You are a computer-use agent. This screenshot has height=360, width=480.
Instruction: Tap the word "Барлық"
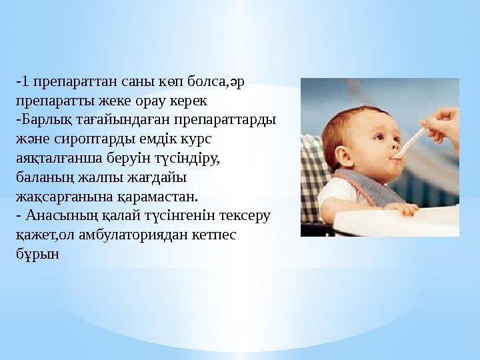click(41, 121)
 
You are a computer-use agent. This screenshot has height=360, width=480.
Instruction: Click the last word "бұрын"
click(37, 255)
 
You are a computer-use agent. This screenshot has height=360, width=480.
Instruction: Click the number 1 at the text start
click(24, 83)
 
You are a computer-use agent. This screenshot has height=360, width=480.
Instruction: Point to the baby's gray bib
click(367, 187)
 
